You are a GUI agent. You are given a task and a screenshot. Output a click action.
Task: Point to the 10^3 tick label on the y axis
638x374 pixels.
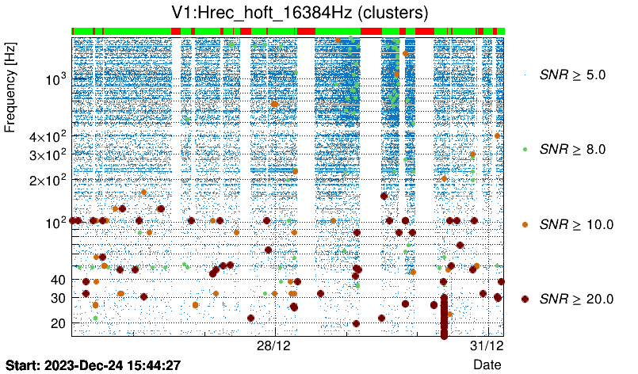tap(55, 80)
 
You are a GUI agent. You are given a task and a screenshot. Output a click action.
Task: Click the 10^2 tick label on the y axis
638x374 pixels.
tap(55, 222)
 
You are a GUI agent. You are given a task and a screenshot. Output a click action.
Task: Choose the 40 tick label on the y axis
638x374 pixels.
tap(56, 280)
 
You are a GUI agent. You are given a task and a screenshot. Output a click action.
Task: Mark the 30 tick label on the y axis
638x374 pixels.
tap(56, 298)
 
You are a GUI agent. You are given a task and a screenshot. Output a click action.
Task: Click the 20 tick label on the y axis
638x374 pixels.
tap(56, 323)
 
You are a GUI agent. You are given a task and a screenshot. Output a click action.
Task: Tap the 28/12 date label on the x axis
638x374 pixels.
tap(275, 346)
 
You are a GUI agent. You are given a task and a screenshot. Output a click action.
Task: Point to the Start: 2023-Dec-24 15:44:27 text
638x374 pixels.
tap(94, 364)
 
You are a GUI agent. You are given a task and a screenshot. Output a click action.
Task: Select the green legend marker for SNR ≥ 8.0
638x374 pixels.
tap(525, 149)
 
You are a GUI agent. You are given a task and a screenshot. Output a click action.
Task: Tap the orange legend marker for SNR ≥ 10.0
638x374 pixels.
tap(525, 224)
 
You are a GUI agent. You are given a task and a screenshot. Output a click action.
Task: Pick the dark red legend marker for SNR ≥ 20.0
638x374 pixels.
tap(525, 299)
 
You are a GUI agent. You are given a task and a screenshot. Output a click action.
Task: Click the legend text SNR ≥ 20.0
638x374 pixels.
tap(576, 299)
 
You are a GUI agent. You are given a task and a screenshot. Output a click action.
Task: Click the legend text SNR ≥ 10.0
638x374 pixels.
tap(576, 224)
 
